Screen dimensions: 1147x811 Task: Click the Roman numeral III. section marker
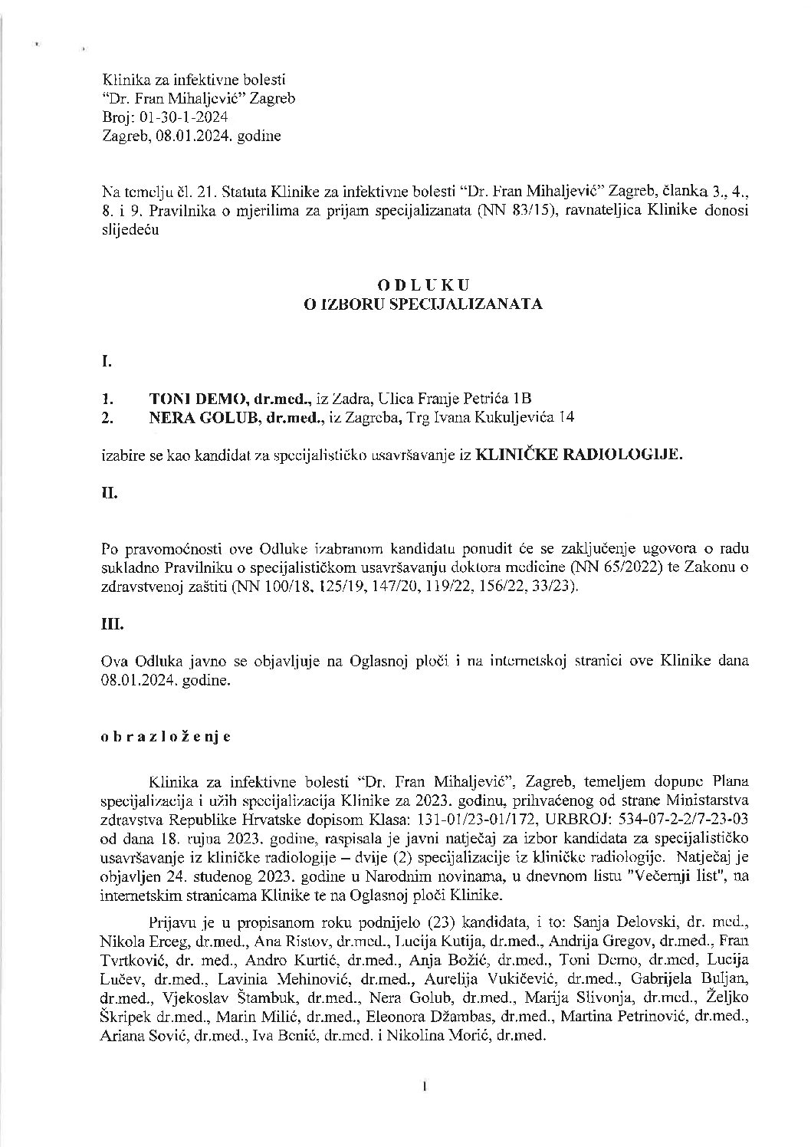pyautogui.click(x=112, y=624)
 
